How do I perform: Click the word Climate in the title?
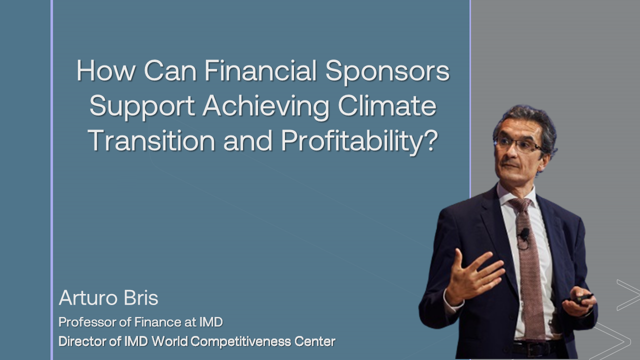click(387, 105)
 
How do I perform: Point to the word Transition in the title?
click(151, 140)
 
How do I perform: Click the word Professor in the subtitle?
click(87, 322)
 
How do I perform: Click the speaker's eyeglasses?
click(518, 144)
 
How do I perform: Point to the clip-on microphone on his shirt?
click(524, 234)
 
